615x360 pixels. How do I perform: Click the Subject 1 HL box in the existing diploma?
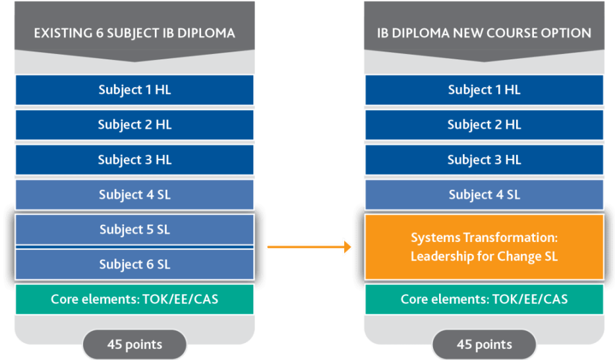pyautogui.click(x=134, y=90)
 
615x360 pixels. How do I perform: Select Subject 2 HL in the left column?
pyautogui.click(x=134, y=125)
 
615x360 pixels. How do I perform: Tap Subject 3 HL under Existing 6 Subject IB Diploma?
pyautogui.click(x=134, y=160)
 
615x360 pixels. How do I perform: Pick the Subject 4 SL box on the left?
pyautogui.click(x=134, y=195)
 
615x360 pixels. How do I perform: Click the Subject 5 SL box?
pyautogui.click(x=134, y=229)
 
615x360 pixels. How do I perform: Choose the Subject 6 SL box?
pyautogui.click(x=134, y=264)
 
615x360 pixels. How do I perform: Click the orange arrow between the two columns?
pyautogui.click(x=309, y=247)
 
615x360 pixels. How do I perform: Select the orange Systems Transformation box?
pyautogui.click(x=484, y=247)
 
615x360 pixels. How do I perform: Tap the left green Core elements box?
pyautogui.click(x=134, y=299)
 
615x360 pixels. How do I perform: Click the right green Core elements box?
pyautogui.click(x=484, y=299)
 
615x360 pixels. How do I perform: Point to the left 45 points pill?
pyautogui.click(x=134, y=344)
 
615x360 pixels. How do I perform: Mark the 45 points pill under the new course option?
pyautogui.click(x=484, y=344)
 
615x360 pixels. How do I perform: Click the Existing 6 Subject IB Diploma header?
pyautogui.click(x=134, y=32)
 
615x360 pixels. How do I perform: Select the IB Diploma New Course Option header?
pyautogui.click(x=484, y=32)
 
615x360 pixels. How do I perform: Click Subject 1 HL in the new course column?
pyautogui.click(x=484, y=90)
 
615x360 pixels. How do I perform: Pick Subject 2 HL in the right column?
pyautogui.click(x=484, y=125)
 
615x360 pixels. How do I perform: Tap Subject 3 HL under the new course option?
pyautogui.click(x=484, y=160)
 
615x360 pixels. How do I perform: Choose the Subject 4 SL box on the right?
pyautogui.click(x=484, y=195)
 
